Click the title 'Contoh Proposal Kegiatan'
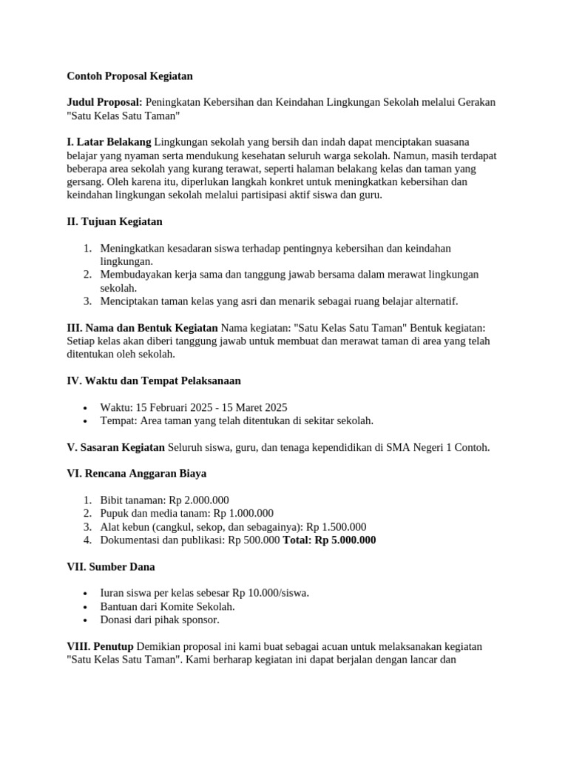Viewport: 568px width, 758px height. (x=129, y=76)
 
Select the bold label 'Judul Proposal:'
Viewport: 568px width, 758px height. (x=104, y=102)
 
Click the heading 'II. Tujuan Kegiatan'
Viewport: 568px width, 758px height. (x=115, y=221)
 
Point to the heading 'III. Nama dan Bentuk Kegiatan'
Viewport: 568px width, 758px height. (x=142, y=328)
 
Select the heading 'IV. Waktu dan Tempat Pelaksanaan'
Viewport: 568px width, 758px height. (x=154, y=380)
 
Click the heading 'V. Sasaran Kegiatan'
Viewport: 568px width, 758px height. (x=116, y=447)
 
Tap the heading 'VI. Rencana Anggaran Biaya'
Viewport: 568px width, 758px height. (x=137, y=474)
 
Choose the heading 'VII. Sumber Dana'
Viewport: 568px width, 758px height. (x=111, y=567)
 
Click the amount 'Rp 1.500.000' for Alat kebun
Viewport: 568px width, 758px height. (x=337, y=527)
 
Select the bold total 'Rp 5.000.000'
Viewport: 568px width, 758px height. (x=345, y=540)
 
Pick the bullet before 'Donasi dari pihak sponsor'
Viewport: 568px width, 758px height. (x=87, y=620)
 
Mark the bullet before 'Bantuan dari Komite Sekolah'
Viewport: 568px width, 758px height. (x=87, y=607)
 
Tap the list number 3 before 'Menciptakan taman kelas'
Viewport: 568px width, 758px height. (x=87, y=301)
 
